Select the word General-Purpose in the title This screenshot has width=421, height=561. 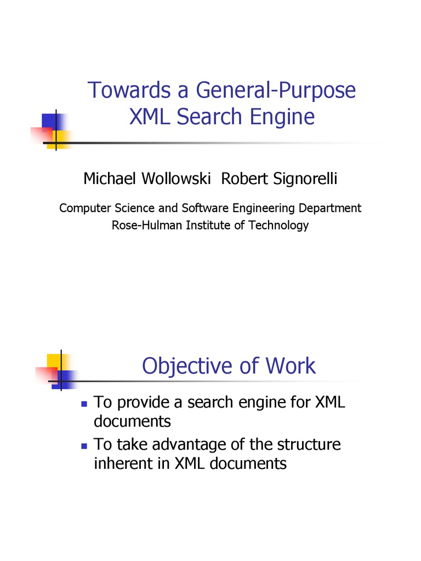pyautogui.click(x=271, y=90)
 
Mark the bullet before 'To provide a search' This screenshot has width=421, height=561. pyautogui.click(x=84, y=404)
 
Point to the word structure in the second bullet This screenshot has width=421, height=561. pyautogui.click(x=309, y=444)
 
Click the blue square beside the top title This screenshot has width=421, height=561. pyautogui.click(x=51, y=122)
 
